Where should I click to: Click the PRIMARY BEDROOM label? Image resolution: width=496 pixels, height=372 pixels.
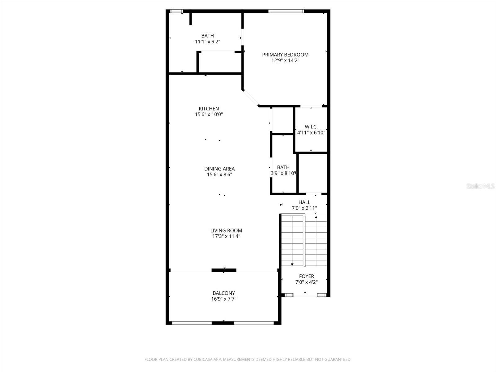[285, 55]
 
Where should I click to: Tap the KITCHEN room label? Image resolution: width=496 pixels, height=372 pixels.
[209, 108]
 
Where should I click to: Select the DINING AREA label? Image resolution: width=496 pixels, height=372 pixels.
[219, 169]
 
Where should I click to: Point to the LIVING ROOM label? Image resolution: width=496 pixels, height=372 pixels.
[226, 230]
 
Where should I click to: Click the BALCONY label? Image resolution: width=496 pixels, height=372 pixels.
[224, 293]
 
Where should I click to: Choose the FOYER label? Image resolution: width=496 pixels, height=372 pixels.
[306, 276]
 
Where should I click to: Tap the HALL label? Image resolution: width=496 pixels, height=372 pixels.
[304, 202]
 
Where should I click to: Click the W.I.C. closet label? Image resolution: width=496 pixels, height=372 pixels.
[311, 126]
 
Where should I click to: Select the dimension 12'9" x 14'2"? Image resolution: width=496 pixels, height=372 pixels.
[285, 60]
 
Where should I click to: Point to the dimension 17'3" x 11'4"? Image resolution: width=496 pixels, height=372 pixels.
[226, 236]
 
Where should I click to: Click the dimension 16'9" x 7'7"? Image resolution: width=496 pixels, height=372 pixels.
[224, 299]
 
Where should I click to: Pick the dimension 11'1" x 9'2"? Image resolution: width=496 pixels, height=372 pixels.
[207, 42]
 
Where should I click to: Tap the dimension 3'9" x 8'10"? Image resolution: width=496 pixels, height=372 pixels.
[283, 173]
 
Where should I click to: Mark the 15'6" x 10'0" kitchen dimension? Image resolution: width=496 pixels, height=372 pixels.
[209, 114]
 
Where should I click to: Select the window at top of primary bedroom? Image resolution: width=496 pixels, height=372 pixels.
[286, 11]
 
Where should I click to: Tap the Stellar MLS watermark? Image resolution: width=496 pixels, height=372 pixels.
[480, 186]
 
